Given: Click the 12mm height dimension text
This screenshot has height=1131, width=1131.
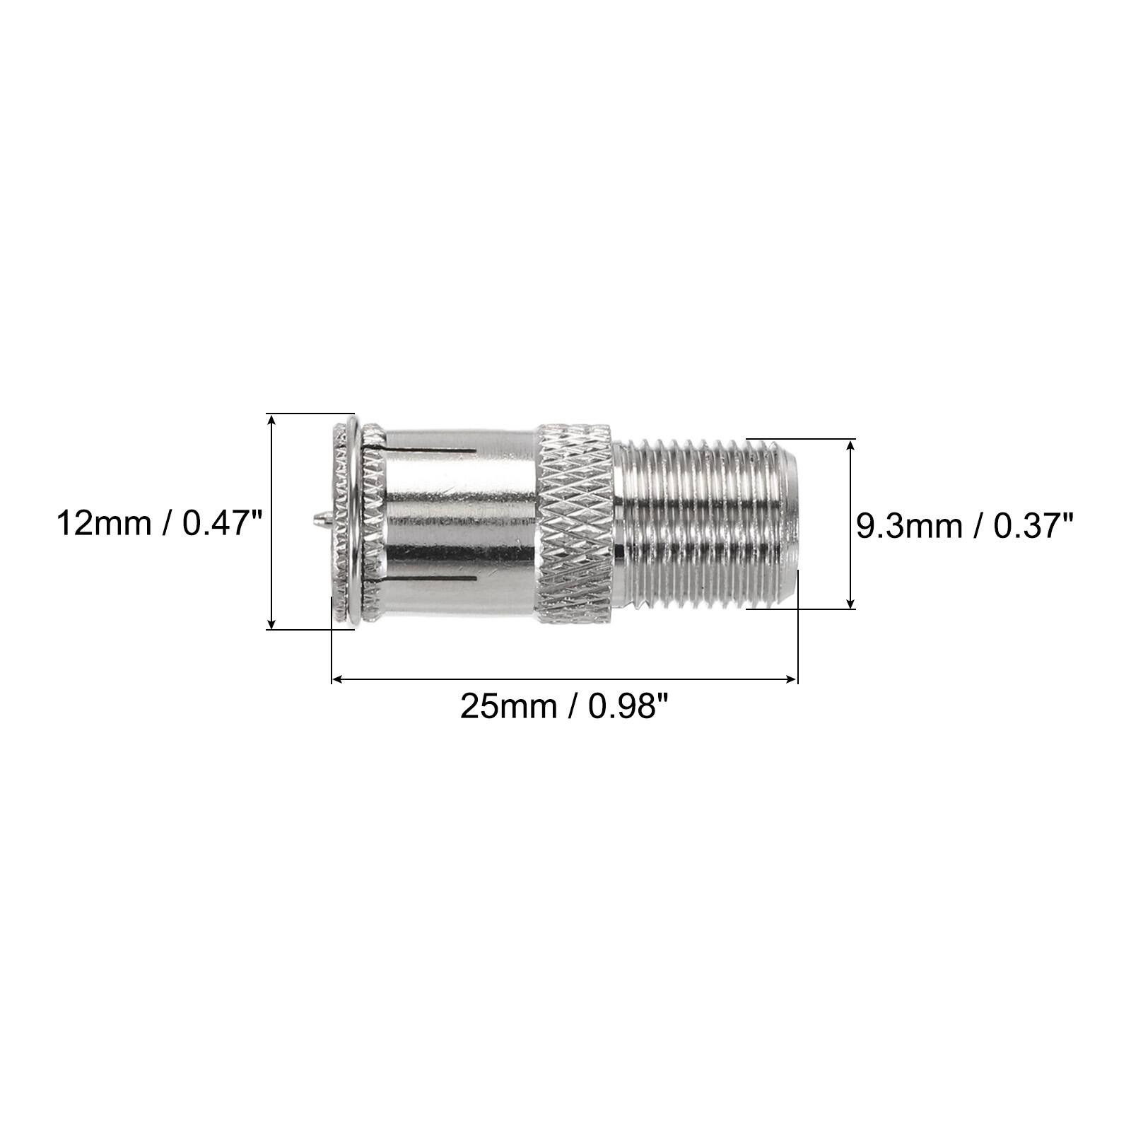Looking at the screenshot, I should coord(105,524).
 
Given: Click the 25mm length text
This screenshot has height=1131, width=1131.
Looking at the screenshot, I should coord(508,705).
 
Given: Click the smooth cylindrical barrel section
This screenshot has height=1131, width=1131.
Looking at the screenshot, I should coord(459,523).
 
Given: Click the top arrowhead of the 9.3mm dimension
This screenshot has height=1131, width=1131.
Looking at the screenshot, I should coord(851,444).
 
